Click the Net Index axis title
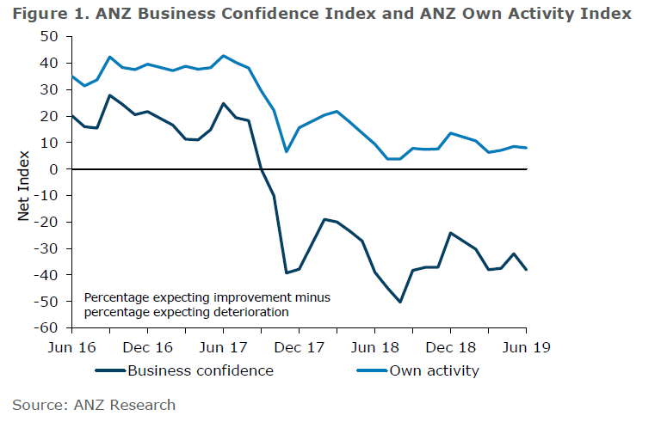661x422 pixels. (x=24, y=182)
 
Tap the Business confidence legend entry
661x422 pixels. (x=200, y=371)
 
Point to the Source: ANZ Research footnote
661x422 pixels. (x=94, y=404)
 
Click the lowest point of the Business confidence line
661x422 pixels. (x=400, y=302)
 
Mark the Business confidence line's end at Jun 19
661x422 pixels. (x=526, y=270)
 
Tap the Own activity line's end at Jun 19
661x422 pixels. (x=526, y=148)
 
